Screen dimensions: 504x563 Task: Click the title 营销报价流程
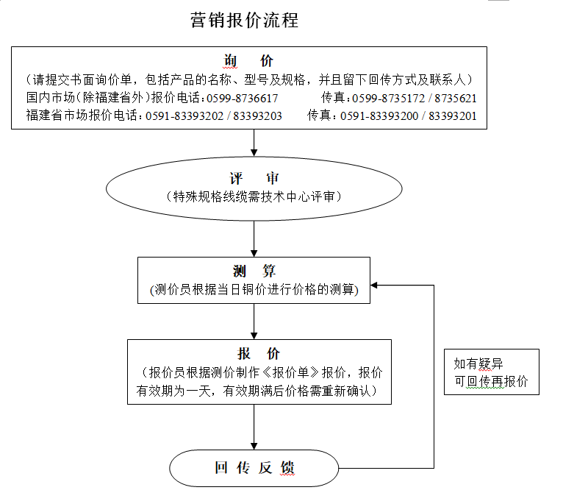(x=244, y=21)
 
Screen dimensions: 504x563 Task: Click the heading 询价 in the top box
(x=248, y=62)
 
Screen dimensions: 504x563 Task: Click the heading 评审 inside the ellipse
(x=254, y=179)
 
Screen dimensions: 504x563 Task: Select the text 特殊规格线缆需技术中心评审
(x=254, y=196)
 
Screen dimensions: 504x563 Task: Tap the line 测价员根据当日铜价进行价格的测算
(x=254, y=290)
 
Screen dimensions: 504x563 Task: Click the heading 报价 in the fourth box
(x=259, y=354)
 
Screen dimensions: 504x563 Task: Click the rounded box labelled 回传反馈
(x=254, y=468)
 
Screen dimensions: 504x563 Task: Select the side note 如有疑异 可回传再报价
(x=491, y=373)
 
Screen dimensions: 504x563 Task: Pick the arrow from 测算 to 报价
(x=254, y=321)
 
